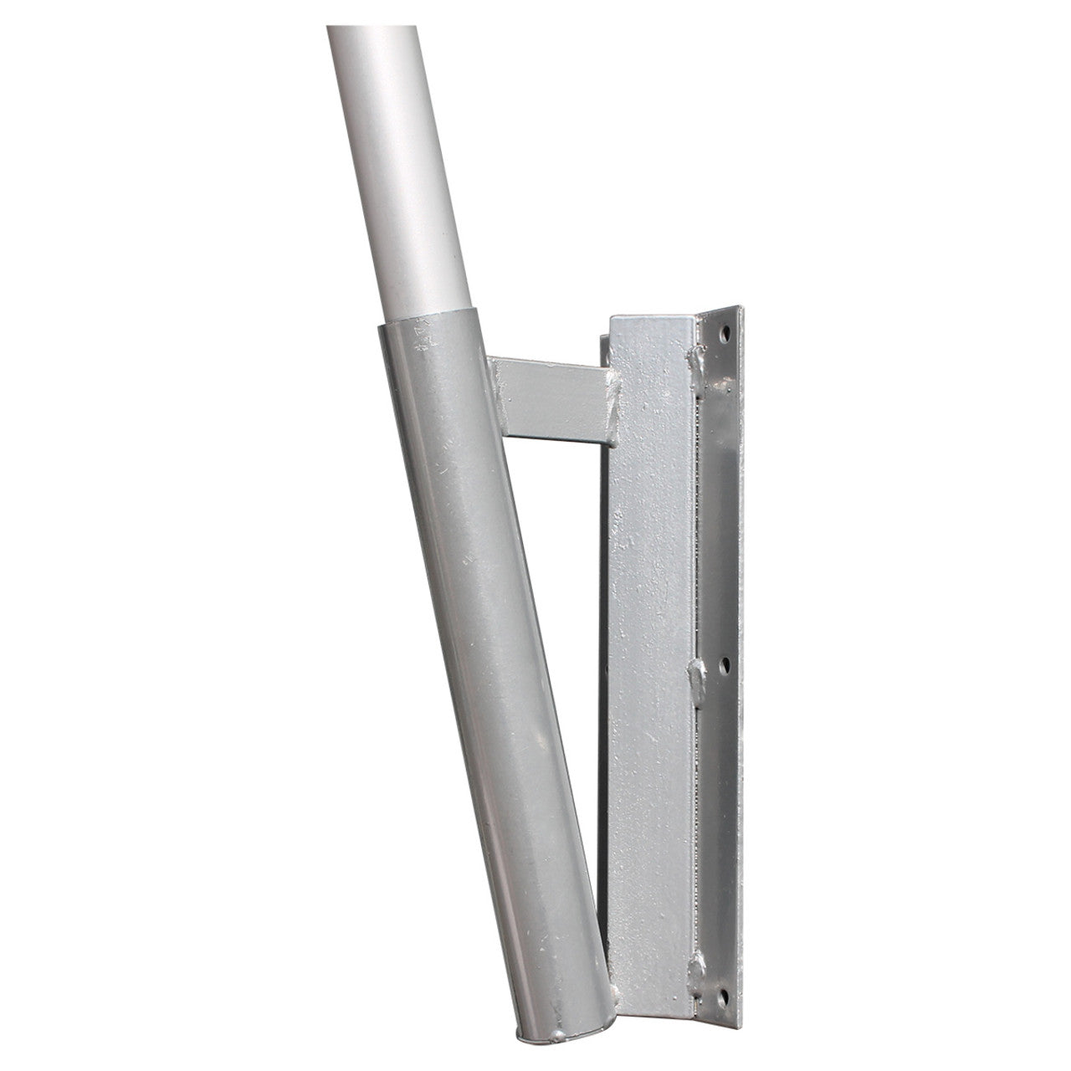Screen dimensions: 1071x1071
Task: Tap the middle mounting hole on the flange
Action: click(725, 663)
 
